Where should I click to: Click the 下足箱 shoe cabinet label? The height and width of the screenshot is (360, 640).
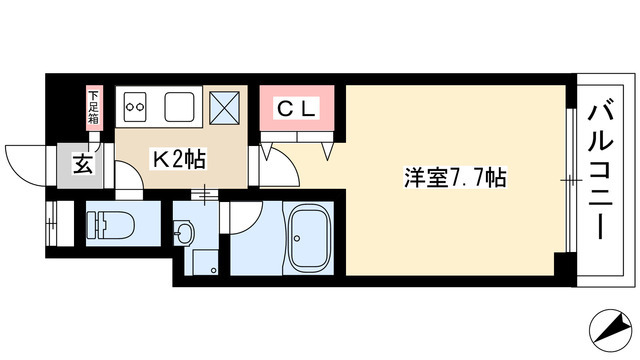(94, 106)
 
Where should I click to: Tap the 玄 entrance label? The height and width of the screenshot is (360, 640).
(82, 165)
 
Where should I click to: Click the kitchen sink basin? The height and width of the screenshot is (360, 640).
(180, 105)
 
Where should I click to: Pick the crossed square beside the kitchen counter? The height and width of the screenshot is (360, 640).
(223, 105)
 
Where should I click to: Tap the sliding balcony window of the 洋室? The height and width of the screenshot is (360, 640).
(568, 180)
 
